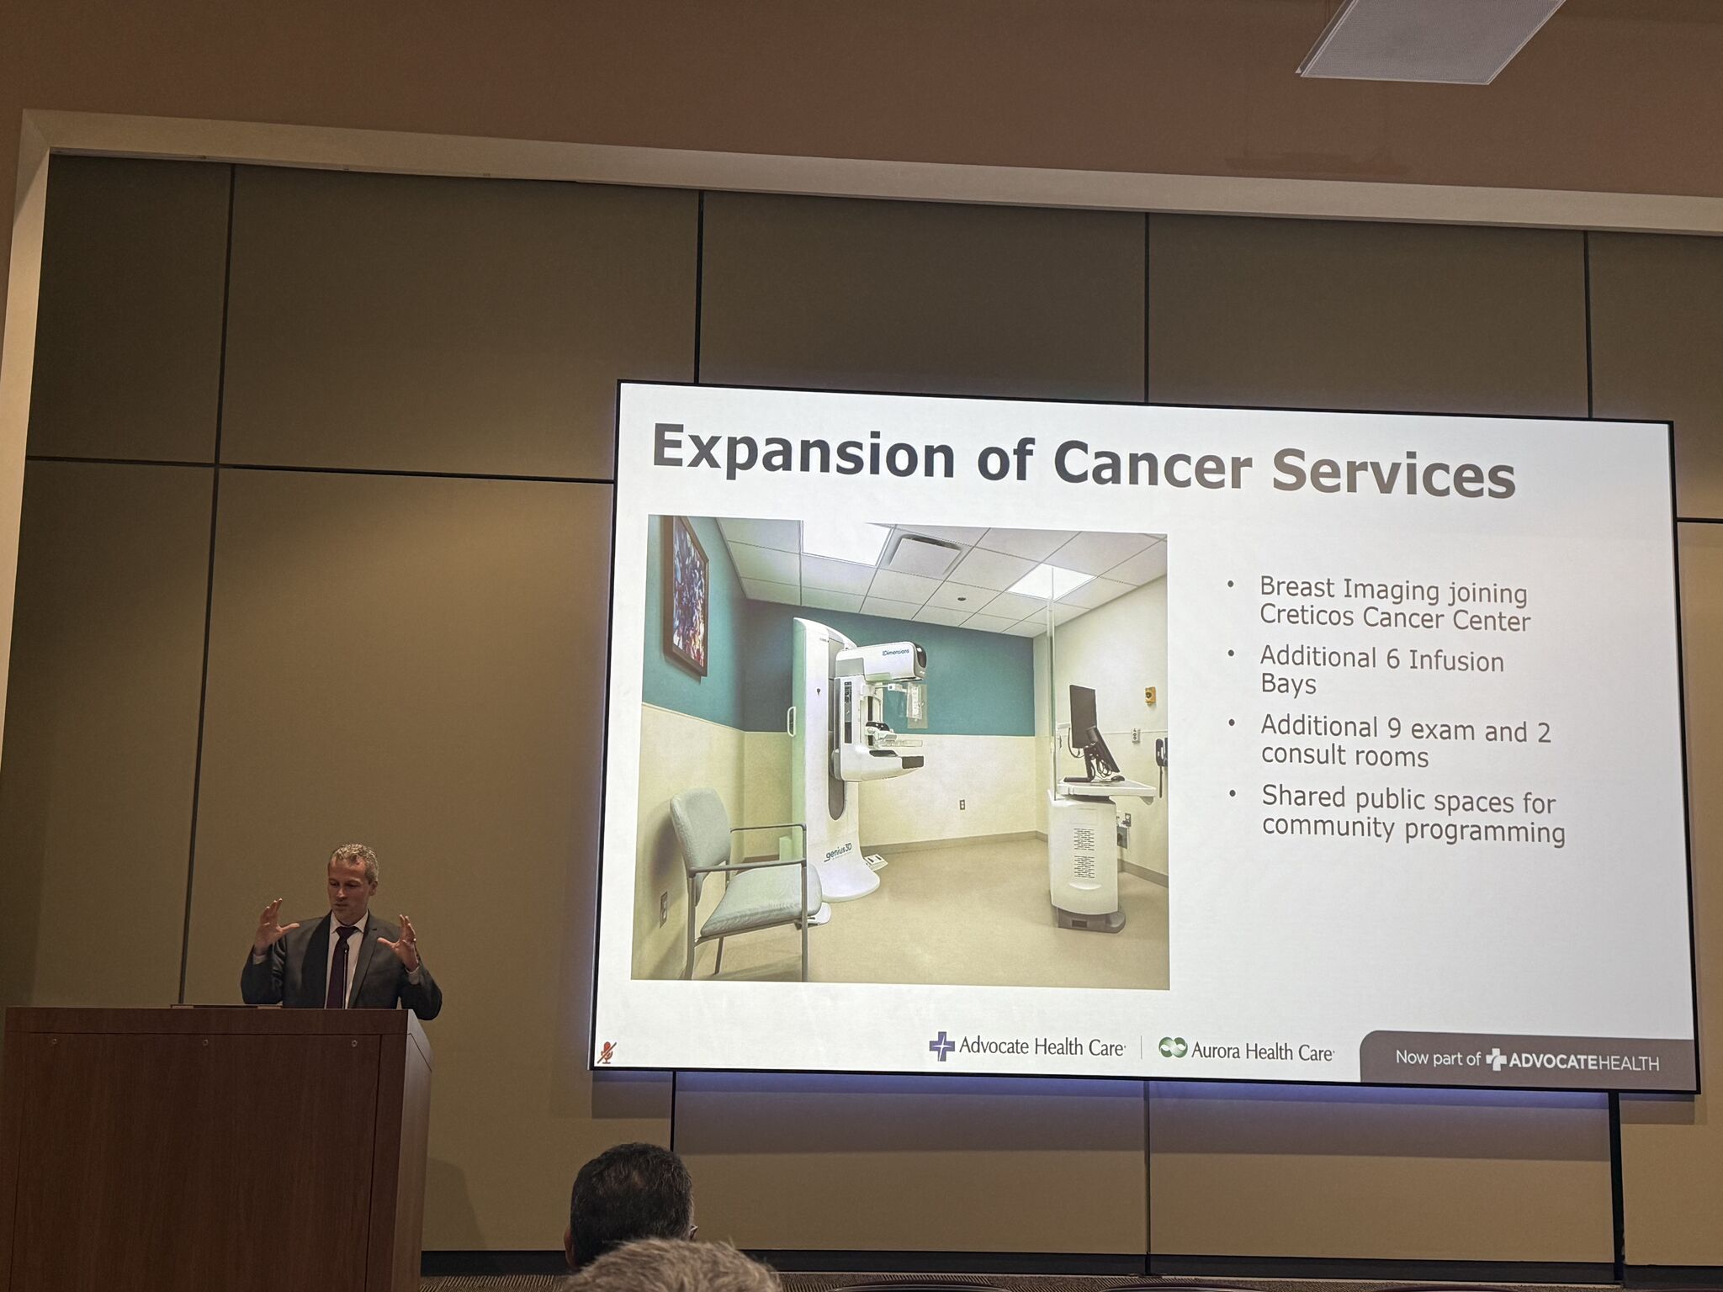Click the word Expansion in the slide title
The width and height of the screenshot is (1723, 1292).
[x=803, y=455]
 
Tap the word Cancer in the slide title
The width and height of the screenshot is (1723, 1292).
[x=1152, y=464]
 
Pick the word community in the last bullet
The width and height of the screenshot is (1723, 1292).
[x=1328, y=827]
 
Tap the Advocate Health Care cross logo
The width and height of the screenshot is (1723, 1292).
[x=941, y=1046]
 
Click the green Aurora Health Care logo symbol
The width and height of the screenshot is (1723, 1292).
[x=1173, y=1048]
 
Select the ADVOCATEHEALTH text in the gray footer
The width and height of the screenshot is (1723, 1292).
[x=1583, y=1062]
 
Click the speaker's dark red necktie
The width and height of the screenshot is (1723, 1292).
[x=339, y=966]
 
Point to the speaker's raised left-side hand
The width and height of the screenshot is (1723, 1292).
[x=273, y=924]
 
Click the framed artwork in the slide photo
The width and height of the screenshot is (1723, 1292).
[x=685, y=596]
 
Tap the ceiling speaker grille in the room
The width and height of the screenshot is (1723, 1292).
[x=1430, y=38]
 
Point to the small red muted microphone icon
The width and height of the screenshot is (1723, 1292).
[x=607, y=1052]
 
